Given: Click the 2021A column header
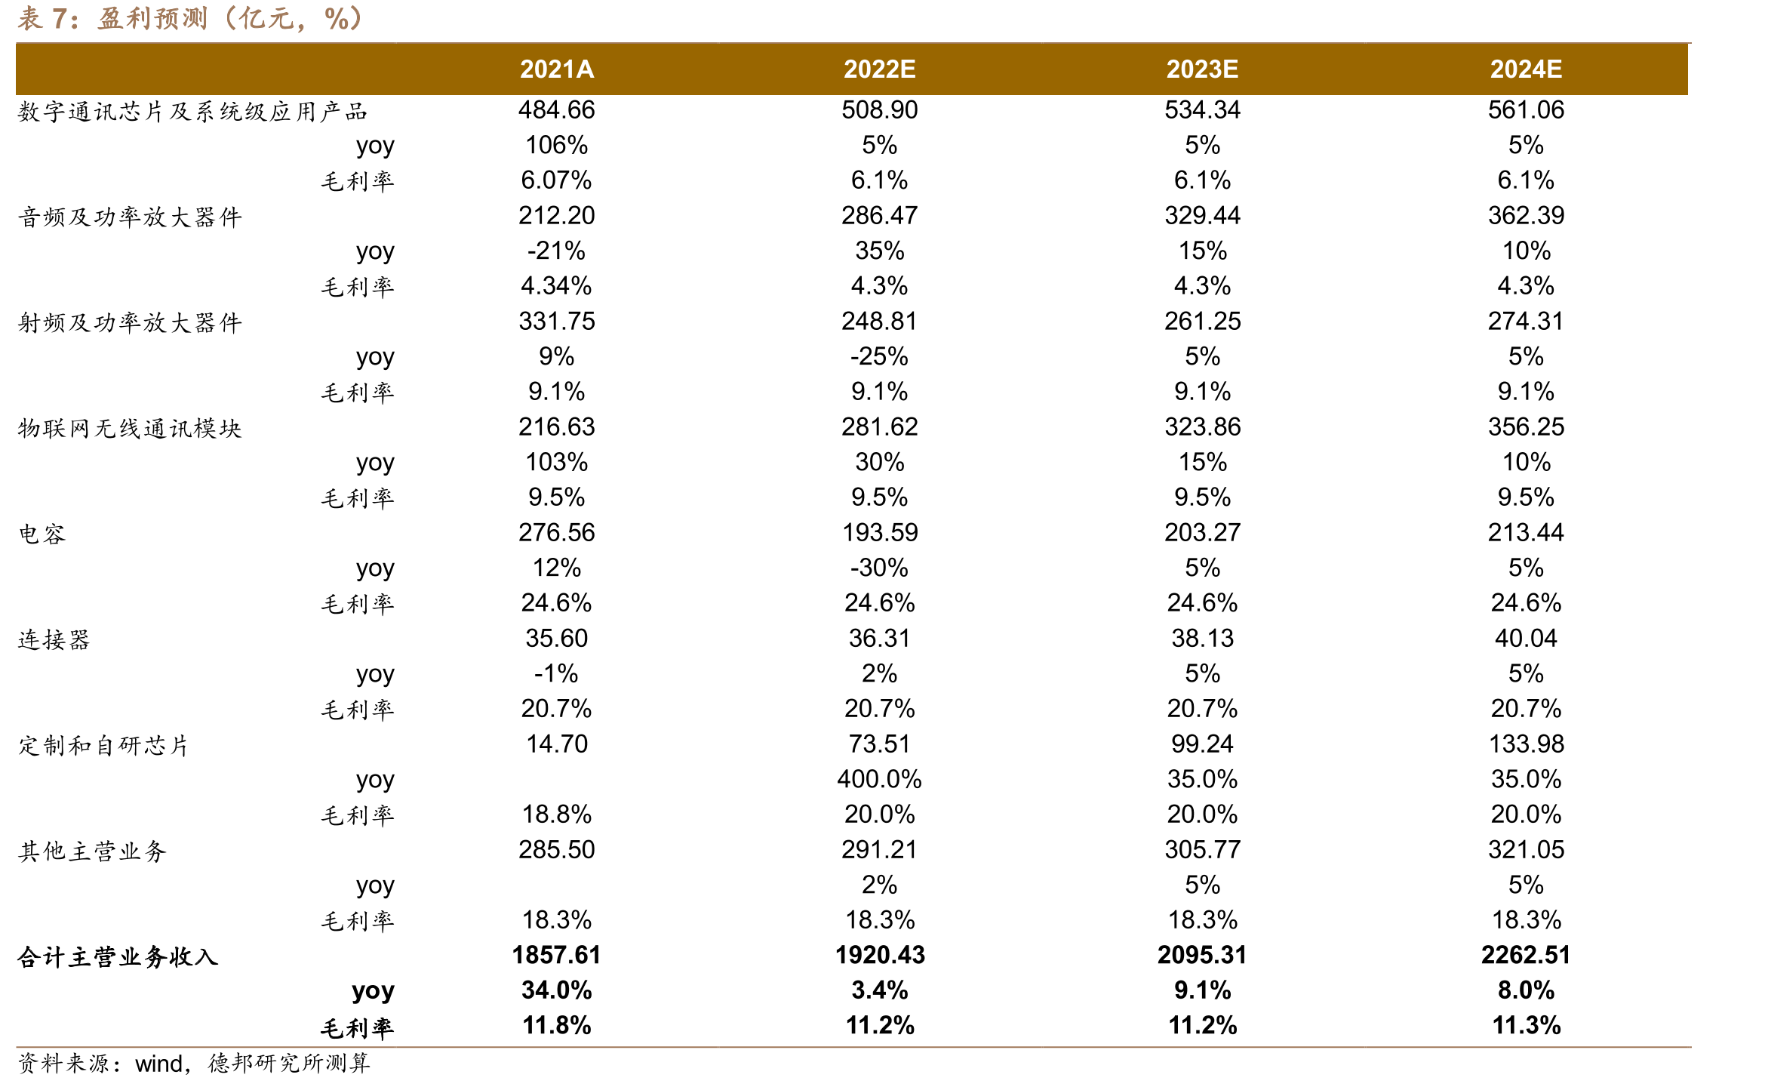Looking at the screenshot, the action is (x=557, y=69).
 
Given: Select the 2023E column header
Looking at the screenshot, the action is (x=1202, y=69).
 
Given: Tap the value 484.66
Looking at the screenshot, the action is (x=557, y=110).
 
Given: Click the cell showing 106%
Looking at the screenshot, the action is (x=557, y=145).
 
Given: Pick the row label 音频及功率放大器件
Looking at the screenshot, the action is (x=130, y=217).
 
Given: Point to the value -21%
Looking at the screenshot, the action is (x=557, y=251).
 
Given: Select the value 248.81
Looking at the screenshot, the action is (x=880, y=322).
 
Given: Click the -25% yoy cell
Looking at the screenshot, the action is (x=880, y=356).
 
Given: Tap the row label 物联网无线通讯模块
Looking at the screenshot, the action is (x=130, y=429).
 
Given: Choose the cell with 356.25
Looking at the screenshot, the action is (x=1526, y=427).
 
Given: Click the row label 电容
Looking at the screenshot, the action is (x=42, y=534).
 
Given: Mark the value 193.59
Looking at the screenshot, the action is (x=880, y=533).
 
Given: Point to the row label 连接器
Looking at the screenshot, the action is (x=54, y=640).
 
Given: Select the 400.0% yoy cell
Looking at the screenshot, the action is (x=880, y=779).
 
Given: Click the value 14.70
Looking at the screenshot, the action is (x=557, y=744).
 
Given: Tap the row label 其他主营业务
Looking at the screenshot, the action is (x=92, y=851).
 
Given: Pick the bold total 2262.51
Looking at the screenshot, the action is (x=1526, y=956).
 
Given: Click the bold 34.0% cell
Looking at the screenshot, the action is (x=557, y=990).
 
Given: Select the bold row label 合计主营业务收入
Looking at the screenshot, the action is (x=118, y=957).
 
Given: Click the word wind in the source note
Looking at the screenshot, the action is (x=159, y=1064).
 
